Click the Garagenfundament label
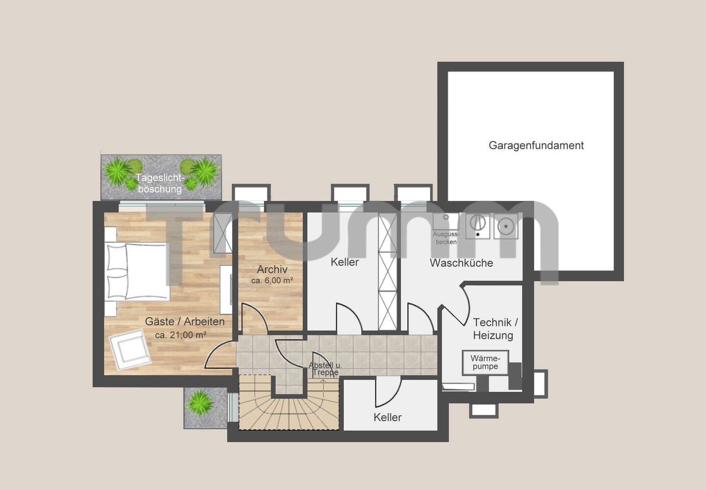point(536,145)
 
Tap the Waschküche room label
point(461,263)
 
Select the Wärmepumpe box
point(485,362)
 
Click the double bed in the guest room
point(137,271)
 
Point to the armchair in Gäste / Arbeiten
point(130,349)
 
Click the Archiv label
point(272,269)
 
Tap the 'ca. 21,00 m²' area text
point(180,335)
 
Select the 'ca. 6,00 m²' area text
point(272,281)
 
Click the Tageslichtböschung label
point(160,183)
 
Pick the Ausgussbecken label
point(446,238)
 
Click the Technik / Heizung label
point(495,329)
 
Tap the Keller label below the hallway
point(387,417)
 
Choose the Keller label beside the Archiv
point(345,262)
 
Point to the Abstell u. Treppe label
point(325,369)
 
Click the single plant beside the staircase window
point(200,403)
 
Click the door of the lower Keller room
point(388,393)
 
